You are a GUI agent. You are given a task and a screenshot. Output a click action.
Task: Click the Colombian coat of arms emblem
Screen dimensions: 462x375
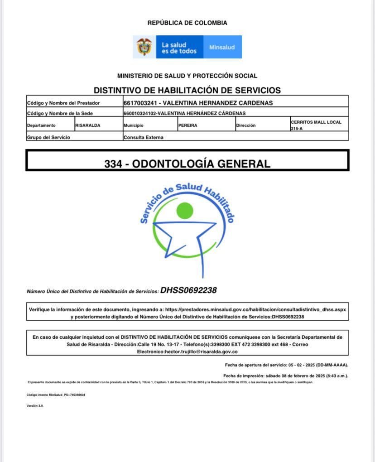point(144,47)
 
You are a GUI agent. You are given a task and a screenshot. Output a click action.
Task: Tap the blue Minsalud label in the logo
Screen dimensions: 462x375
point(222,47)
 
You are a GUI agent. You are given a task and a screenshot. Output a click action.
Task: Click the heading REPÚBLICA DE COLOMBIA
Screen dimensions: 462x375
point(187,23)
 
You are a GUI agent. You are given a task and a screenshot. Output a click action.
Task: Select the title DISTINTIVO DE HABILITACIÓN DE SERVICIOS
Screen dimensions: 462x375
point(187,90)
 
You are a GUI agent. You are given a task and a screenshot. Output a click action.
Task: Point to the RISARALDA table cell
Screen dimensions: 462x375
point(88,125)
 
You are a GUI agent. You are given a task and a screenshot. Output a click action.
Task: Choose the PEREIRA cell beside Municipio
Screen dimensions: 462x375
point(187,125)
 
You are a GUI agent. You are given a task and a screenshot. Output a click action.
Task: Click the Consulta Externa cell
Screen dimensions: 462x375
point(143,137)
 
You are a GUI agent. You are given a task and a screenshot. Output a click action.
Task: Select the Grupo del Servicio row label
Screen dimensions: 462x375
point(48,137)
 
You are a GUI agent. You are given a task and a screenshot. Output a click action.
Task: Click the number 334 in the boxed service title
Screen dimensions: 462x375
point(113,164)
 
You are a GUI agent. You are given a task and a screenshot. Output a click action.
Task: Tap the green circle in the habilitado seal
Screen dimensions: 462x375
point(185,210)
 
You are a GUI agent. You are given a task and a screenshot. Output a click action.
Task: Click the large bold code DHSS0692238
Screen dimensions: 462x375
point(188,290)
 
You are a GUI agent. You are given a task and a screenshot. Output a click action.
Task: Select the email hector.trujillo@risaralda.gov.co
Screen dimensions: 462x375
point(187,351)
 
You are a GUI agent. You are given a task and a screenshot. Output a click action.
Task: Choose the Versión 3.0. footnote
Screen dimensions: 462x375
point(35,405)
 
